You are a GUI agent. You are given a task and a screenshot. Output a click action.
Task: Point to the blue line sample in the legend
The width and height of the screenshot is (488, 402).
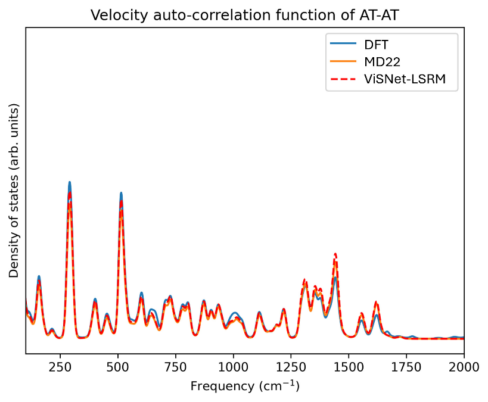[x=344, y=45]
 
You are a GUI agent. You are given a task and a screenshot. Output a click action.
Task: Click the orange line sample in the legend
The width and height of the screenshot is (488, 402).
[x=344, y=61]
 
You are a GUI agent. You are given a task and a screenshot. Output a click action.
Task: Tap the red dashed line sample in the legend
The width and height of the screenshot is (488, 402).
[x=344, y=78]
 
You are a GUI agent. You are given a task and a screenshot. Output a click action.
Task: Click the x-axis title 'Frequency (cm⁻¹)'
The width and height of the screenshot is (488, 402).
[x=245, y=387]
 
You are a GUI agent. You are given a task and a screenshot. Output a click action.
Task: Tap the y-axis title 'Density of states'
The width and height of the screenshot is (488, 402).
[x=14, y=191]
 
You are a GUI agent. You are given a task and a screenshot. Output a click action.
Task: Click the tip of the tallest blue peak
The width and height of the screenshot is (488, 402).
[x=70, y=182]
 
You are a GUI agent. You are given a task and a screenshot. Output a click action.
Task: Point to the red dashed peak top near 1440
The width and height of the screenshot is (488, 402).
[x=335, y=254]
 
